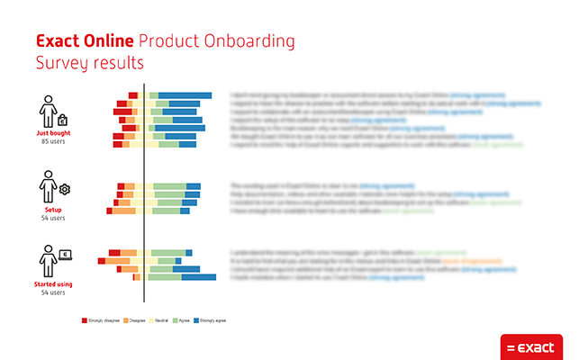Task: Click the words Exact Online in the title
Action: point(85,41)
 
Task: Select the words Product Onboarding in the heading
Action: point(216,41)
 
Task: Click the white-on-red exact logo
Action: point(531,346)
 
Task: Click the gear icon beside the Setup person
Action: point(65,189)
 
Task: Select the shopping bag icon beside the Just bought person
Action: point(62,120)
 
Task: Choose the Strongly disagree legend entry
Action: point(101,319)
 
